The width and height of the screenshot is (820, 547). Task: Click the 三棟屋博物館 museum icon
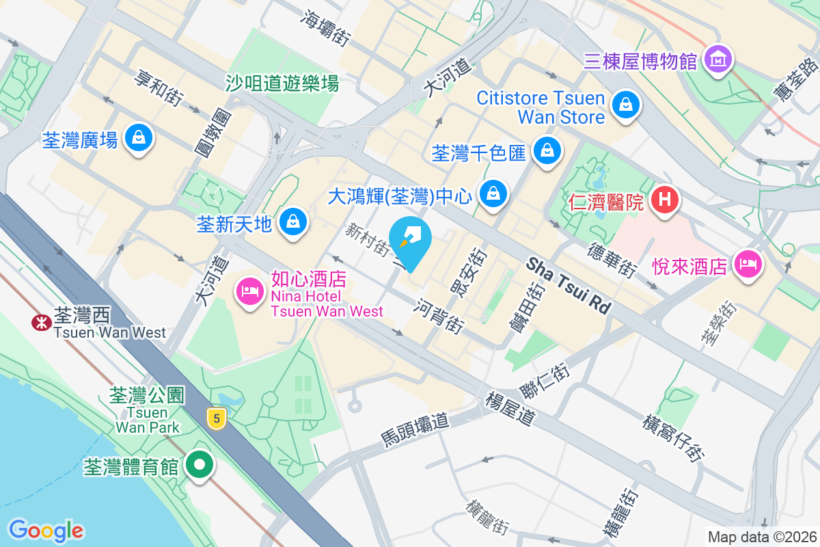(x=719, y=61)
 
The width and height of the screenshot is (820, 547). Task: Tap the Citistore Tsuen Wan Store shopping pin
(x=625, y=105)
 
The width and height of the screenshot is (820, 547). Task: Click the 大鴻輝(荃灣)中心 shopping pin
(x=492, y=194)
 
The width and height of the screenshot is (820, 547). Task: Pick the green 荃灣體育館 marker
(x=200, y=466)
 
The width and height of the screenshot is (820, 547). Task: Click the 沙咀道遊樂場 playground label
(x=282, y=83)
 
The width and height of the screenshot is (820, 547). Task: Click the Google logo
(x=46, y=530)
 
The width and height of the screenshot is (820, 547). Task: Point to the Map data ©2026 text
(x=761, y=537)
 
